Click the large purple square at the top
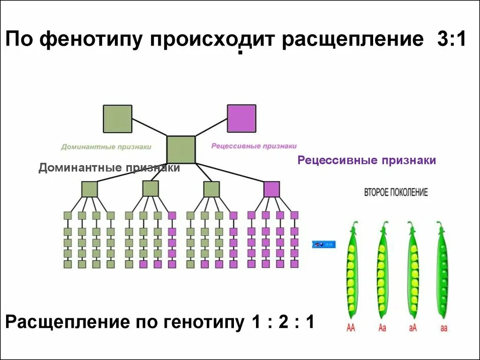coord(241,118)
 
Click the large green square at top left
coord(118,119)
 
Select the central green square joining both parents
coord(181,150)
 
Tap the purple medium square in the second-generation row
coord(271,189)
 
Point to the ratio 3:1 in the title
coord(451,39)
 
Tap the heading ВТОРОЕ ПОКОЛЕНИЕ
coord(396,193)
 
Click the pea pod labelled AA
coord(351,272)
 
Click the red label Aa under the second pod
coord(382,328)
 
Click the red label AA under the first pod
coord(351,328)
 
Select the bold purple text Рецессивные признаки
coord(367,160)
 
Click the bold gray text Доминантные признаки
coord(109,168)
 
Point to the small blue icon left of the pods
coord(324,244)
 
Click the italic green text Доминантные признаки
coord(106,147)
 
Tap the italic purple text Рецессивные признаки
coord(254,146)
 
